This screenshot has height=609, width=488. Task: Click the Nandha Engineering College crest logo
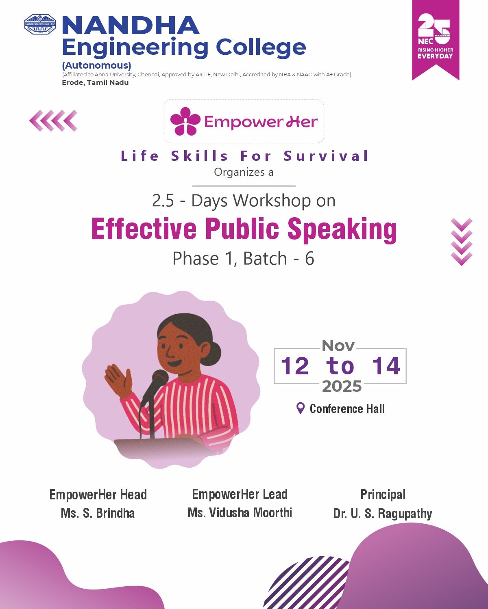click(x=40, y=24)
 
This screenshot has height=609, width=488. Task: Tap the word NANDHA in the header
click(x=130, y=26)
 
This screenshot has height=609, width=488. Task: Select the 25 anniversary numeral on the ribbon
click(x=434, y=27)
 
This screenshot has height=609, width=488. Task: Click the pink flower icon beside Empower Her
click(x=185, y=121)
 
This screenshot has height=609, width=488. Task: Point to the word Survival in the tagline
click(x=326, y=156)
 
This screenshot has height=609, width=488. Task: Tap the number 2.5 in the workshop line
click(x=163, y=201)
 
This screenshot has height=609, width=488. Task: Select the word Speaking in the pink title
click(x=342, y=229)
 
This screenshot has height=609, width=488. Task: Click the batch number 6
click(x=309, y=259)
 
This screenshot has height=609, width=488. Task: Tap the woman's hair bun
click(x=215, y=350)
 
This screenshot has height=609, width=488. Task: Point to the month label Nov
click(x=338, y=346)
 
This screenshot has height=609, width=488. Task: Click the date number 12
click(x=295, y=366)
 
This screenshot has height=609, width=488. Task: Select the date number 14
click(x=386, y=366)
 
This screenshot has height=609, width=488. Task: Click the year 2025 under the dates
click(x=342, y=387)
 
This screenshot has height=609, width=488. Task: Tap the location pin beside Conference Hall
click(x=301, y=408)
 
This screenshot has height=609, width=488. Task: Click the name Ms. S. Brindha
click(x=98, y=513)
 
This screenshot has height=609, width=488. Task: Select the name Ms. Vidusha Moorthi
click(x=240, y=513)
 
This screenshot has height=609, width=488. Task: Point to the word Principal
click(x=383, y=495)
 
